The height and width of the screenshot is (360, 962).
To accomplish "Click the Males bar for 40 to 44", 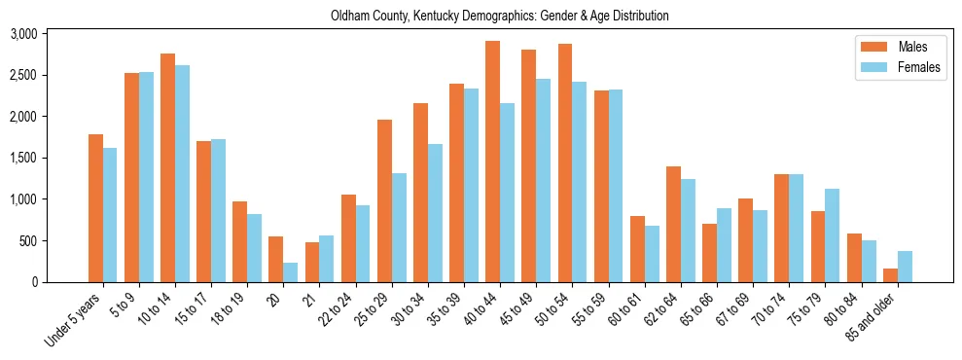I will [x=493, y=162].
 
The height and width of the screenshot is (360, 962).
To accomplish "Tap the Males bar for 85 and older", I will [x=890, y=275].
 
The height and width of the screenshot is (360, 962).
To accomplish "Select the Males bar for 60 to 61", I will [x=637, y=249].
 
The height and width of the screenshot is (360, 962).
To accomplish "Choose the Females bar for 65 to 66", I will [x=724, y=245].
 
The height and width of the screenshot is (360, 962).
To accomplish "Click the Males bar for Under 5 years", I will [x=95, y=208].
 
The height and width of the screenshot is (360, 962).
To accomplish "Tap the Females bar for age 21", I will [x=327, y=259].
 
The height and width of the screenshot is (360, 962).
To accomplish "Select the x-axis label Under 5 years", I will [x=73, y=319].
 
